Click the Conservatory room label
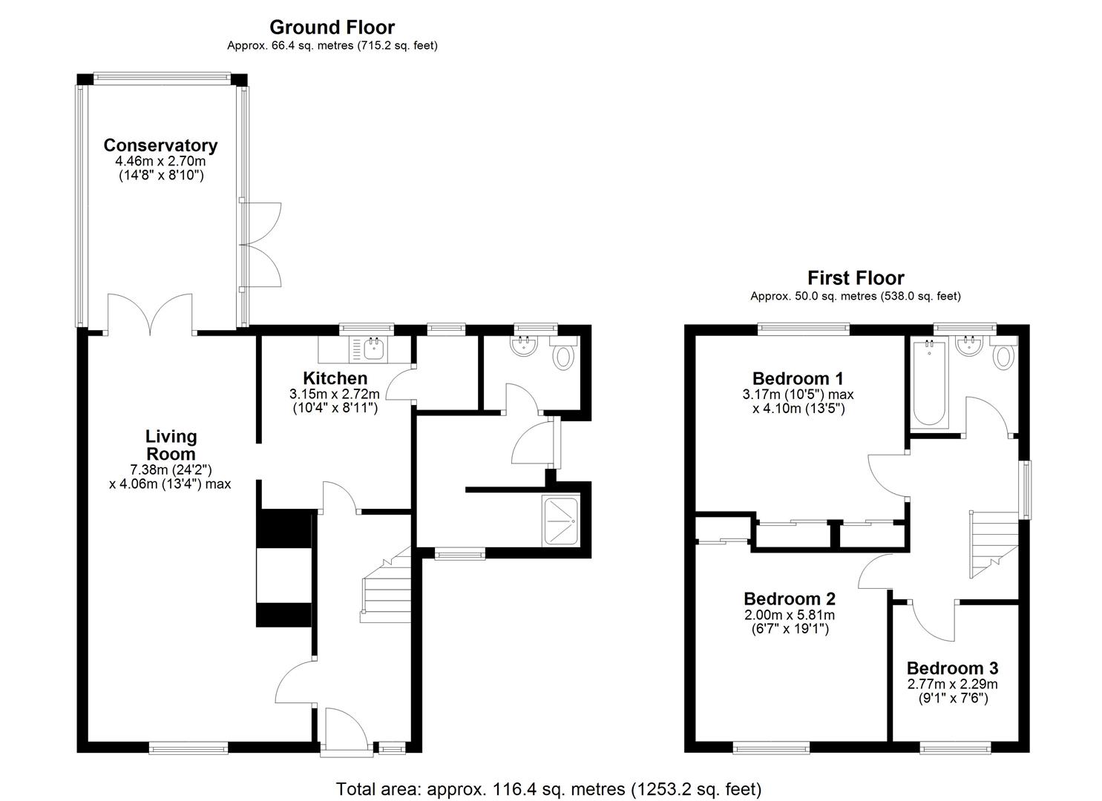click(160, 145)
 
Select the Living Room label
click(170, 445)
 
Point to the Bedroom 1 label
click(798, 378)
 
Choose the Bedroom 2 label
click(790, 599)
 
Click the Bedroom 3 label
click(952, 667)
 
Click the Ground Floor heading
click(332, 27)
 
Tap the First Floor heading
click(855, 278)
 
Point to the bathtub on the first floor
click(928, 383)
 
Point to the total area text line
click(549, 788)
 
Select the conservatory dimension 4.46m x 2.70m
click(160, 162)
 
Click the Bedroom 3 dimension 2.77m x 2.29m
click(952, 684)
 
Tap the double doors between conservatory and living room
click(151, 315)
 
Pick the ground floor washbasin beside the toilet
click(525, 345)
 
